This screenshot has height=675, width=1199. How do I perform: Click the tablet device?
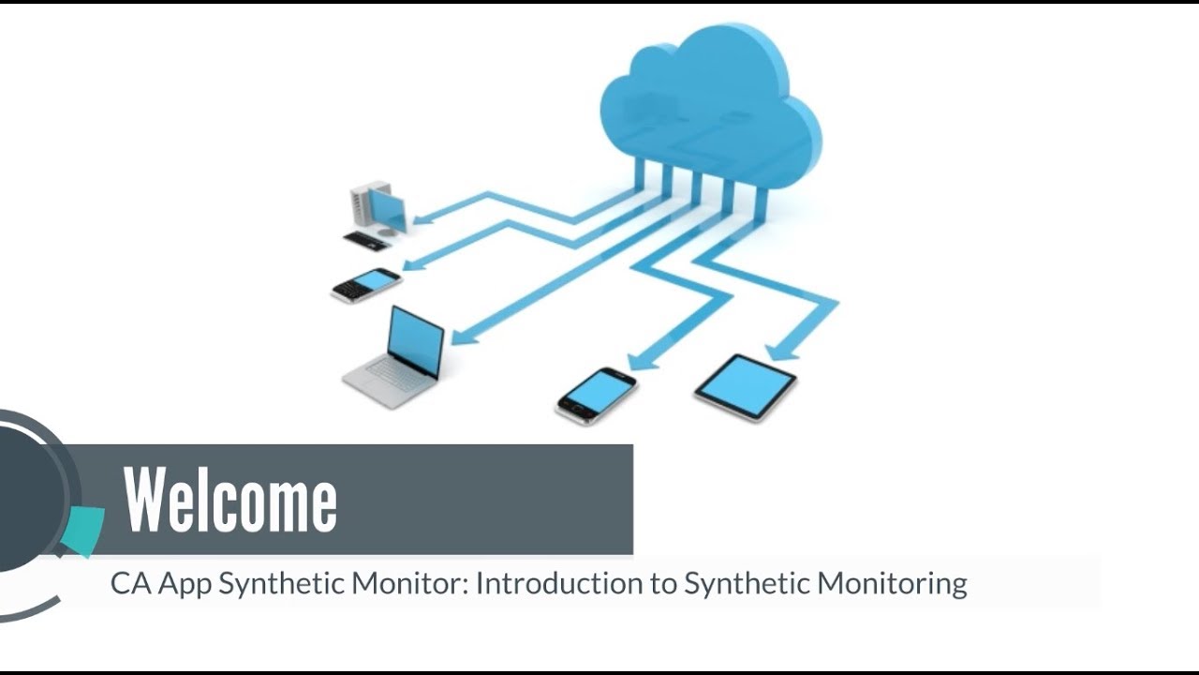pos(745,385)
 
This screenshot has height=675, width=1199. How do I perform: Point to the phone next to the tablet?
pos(596,394)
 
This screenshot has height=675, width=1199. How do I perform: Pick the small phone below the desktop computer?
pos(366,284)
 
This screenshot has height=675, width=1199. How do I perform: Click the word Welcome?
pos(230,501)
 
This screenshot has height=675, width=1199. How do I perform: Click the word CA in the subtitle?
pos(130,583)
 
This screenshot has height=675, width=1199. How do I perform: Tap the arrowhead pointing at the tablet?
pos(780,352)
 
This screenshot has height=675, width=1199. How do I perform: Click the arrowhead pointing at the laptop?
pos(462,335)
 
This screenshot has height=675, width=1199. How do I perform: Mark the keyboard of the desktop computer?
pos(366,241)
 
